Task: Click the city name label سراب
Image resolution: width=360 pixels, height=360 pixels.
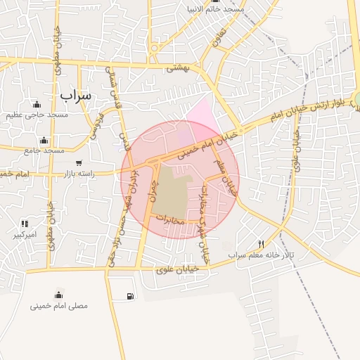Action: pos(75,94)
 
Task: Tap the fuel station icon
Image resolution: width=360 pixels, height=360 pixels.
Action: pos(130,296)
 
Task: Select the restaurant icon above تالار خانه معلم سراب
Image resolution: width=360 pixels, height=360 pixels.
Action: pos(262,244)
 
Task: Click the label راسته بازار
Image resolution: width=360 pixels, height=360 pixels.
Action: pos(79,173)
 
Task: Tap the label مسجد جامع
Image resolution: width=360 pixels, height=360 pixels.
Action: pos(44,150)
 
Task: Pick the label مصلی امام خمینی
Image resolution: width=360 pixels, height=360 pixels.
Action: pos(59,306)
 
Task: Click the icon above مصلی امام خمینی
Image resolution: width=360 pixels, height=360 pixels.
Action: pos(59,294)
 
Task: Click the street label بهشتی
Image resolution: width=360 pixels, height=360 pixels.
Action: pos(179,68)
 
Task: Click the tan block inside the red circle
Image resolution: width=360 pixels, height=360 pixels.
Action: pos(172,190)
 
